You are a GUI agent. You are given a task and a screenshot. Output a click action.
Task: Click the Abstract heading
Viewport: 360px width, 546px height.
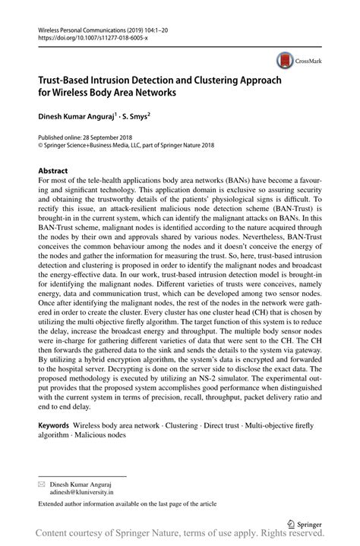tap(52, 172)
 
